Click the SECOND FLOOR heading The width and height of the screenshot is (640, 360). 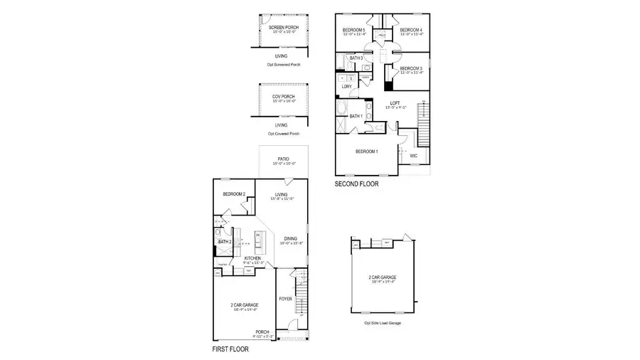pos(356,184)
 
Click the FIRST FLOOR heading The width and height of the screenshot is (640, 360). pos(230,349)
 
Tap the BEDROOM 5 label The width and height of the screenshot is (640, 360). pos(353,29)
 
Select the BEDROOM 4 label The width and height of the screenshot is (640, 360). pos(412,29)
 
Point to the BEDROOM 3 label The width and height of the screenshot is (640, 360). pos(412,68)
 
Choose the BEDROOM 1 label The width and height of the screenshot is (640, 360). pos(367,152)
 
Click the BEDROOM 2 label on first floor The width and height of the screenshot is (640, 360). pos(233,194)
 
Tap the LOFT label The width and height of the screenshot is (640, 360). pos(395,104)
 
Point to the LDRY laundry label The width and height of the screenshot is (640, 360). pos(347,87)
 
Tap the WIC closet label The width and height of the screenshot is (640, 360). pos(414,155)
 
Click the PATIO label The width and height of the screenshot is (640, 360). pos(283,160)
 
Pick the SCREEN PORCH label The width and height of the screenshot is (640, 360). pos(283,28)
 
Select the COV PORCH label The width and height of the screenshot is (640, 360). pos(283,96)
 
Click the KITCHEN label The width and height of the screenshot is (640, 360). pos(252,258)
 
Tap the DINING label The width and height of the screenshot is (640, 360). pos(289,239)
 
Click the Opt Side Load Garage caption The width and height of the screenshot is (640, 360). pos(383,323)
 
